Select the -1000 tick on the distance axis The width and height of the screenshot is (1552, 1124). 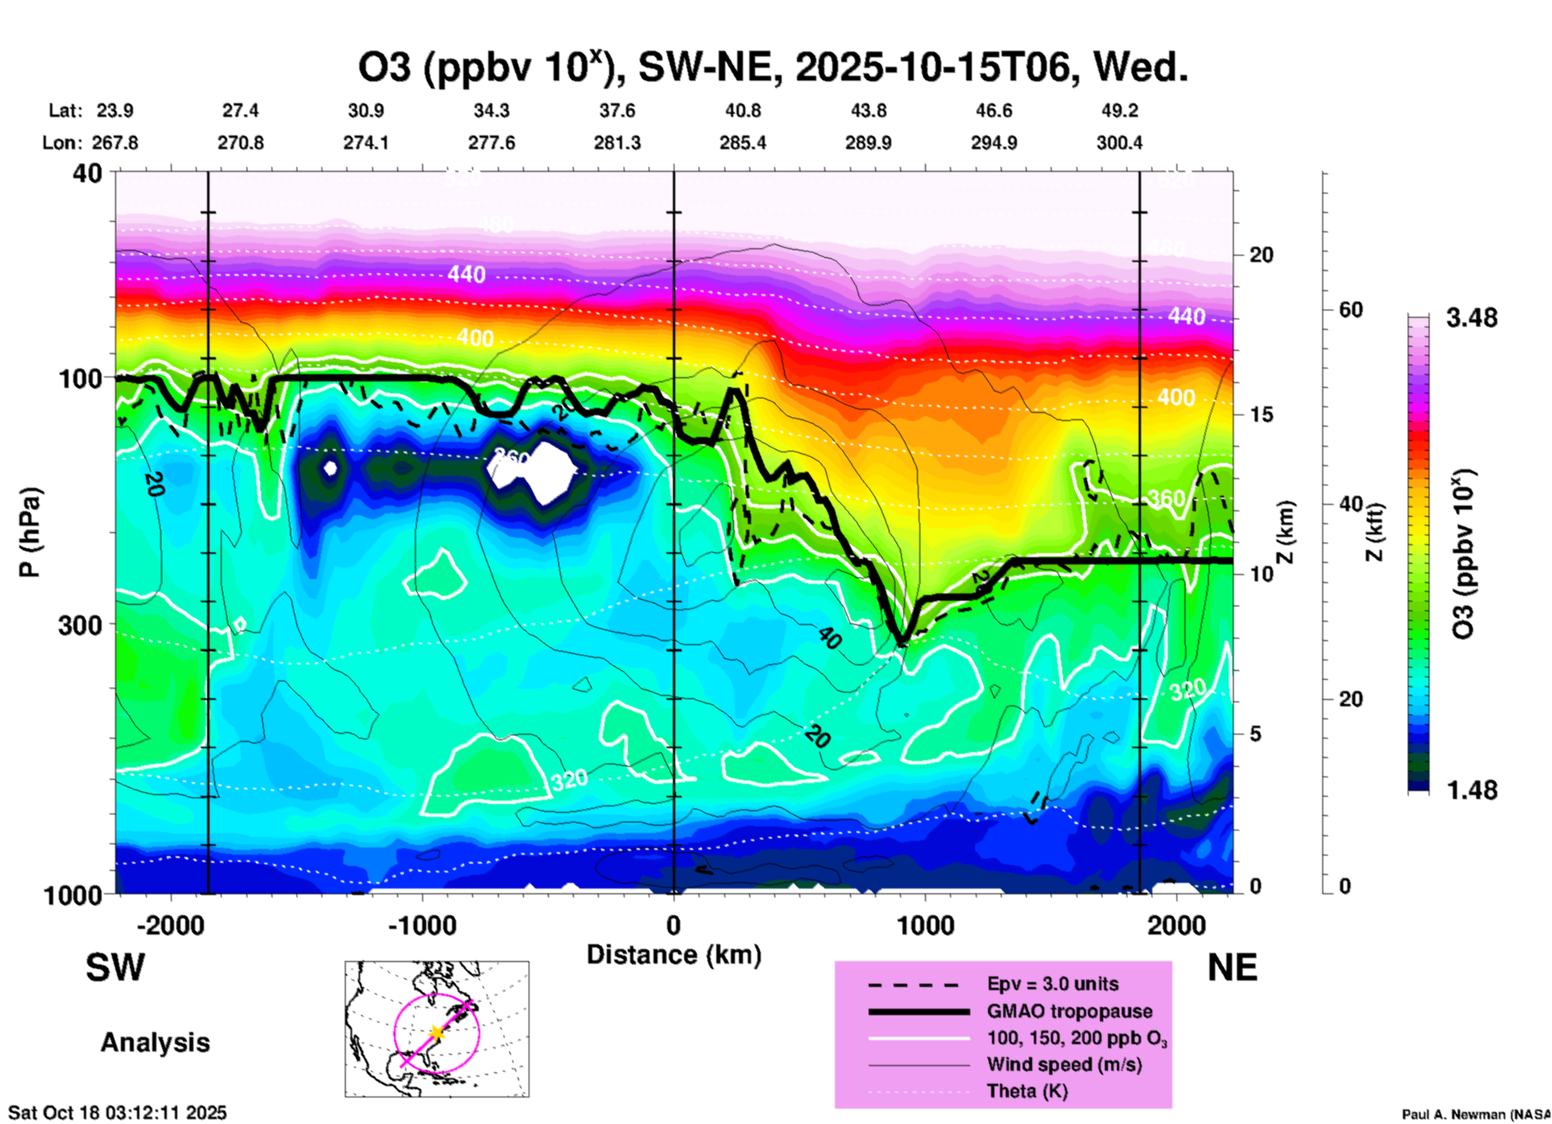(421, 925)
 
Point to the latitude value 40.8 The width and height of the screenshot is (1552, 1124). (742, 110)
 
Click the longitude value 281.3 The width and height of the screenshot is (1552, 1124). (617, 143)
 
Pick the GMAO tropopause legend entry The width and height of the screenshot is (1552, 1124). (1069, 1011)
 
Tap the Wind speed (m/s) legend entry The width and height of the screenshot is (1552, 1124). (1064, 1064)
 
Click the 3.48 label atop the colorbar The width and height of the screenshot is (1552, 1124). (1471, 318)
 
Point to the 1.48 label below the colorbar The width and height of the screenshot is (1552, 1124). (1471, 790)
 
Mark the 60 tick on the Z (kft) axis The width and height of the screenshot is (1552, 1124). (1351, 310)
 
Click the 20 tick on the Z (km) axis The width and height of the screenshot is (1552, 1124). (1261, 256)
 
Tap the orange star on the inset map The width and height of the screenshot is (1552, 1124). (436, 1032)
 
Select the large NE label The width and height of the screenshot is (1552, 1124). (1232, 968)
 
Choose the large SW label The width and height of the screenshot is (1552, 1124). (115, 968)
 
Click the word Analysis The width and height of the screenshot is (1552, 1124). (155, 1043)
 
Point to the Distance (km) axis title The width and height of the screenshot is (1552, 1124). (674, 955)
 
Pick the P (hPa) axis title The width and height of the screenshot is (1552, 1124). (30, 532)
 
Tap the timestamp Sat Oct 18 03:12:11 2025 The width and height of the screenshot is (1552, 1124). (118, 1113)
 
